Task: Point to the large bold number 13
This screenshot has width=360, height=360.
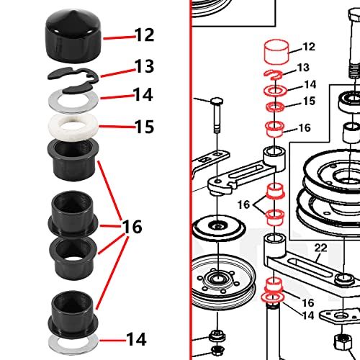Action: coord(144,66)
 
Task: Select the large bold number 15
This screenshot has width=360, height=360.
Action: coord(144,127)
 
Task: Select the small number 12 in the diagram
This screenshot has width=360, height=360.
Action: coord(309,48)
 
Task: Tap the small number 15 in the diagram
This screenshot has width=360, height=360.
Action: coord(308,102)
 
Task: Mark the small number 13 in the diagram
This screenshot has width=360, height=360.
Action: coord(302,67)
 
